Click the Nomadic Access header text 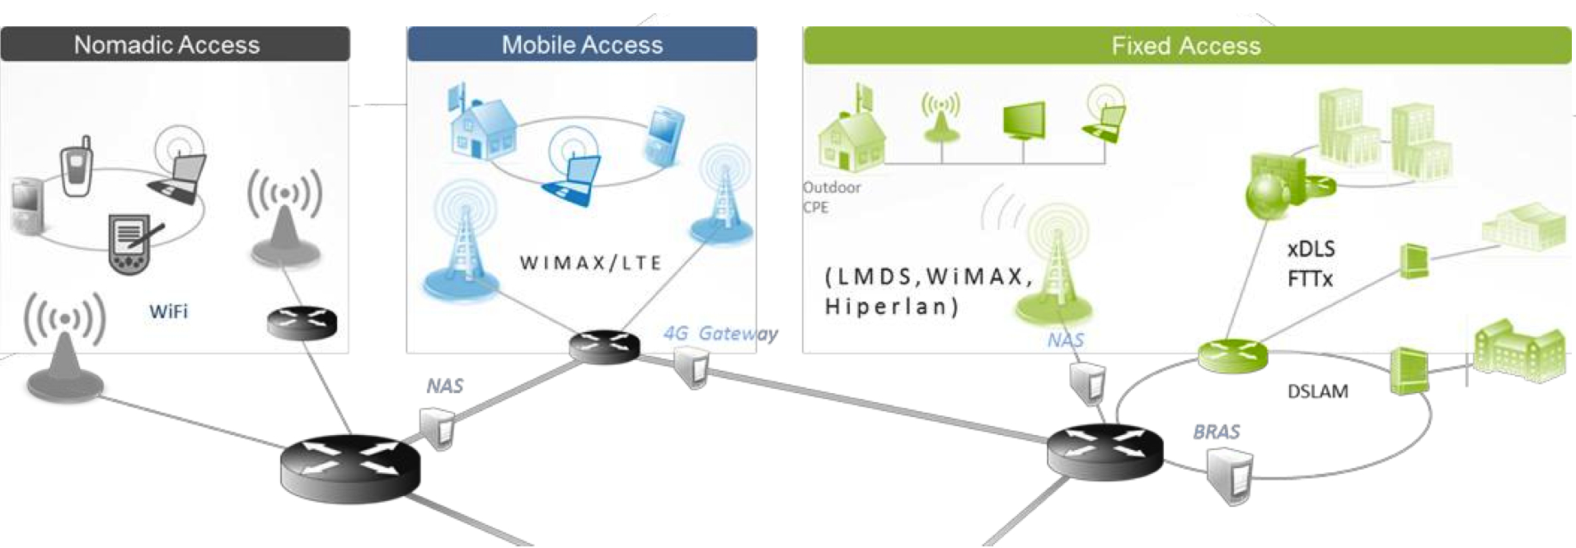[167, 44]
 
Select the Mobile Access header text [582, 44]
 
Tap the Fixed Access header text [1185, 45]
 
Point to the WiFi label [168, 311]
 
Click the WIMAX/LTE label [590, 263]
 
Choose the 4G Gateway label [720, 334]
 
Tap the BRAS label [1216, 432]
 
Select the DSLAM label [1317, 391]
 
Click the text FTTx [1310, 279]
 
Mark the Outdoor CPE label [831, 197]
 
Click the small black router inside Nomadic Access [302, 322]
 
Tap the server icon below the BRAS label [1231, 479]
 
